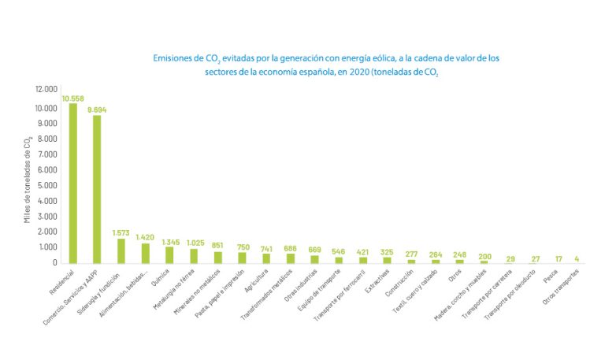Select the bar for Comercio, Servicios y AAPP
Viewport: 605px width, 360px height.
(97, 189)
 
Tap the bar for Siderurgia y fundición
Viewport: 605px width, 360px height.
(121, 251)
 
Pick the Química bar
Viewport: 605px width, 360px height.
(169, 254)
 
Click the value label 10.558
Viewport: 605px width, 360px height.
(73, 98)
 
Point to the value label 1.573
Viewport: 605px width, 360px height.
(121, 232)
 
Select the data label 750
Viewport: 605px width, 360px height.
(242, 246)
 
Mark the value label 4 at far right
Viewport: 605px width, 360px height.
(577, 258)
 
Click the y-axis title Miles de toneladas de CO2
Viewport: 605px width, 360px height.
(28, 179)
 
